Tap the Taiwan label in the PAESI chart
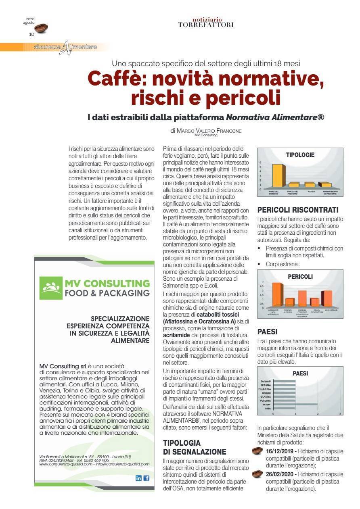266,381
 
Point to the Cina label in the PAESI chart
268,408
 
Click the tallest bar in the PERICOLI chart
277,295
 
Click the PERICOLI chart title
300,277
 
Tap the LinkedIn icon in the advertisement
138,478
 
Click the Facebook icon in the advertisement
146,478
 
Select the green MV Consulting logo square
50,288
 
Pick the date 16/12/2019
281,452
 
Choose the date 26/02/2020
281,474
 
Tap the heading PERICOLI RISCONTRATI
298,210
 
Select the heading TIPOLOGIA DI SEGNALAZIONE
194,447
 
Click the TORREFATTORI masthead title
205,25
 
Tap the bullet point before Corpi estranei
259,264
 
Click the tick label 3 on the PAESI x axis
340,414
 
